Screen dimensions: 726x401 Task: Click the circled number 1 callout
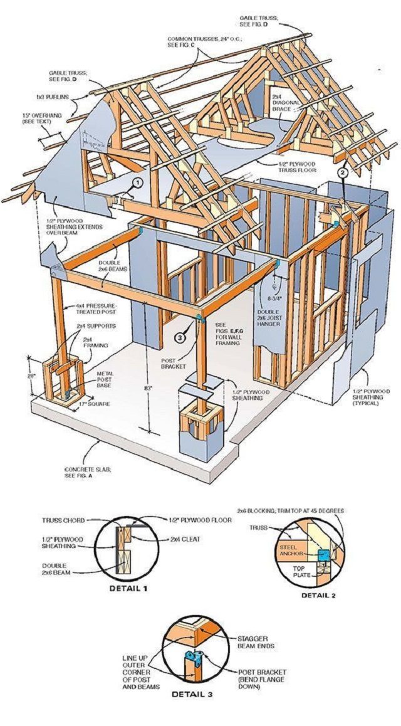[x=138, y=182]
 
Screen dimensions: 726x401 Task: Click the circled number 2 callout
[x=343, y=171]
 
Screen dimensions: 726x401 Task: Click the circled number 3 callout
[x=180, y=338]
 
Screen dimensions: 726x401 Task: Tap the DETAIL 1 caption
[x=129, y=588]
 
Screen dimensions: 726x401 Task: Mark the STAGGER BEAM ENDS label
[x=241, y=644]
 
